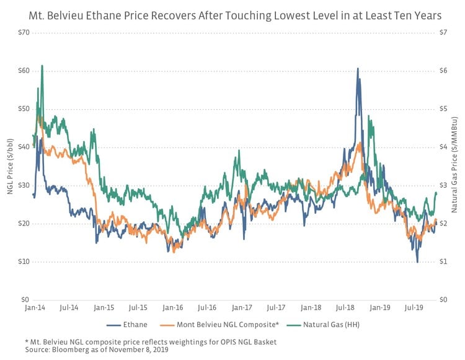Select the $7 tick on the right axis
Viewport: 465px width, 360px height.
pyautogui.click(x=443, y=32)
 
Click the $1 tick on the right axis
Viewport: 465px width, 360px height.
pyautogui.click(x=443, y=261)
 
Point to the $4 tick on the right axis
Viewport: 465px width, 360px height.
pyautogui.click(x=443, y=147)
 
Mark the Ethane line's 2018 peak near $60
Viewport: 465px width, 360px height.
pyautogui.click(x=358, y=69)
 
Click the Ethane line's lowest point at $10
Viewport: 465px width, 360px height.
pyautogui.click(x=417, y=262)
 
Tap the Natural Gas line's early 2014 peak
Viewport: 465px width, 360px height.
pyautogui.click(x=42, y=65)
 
